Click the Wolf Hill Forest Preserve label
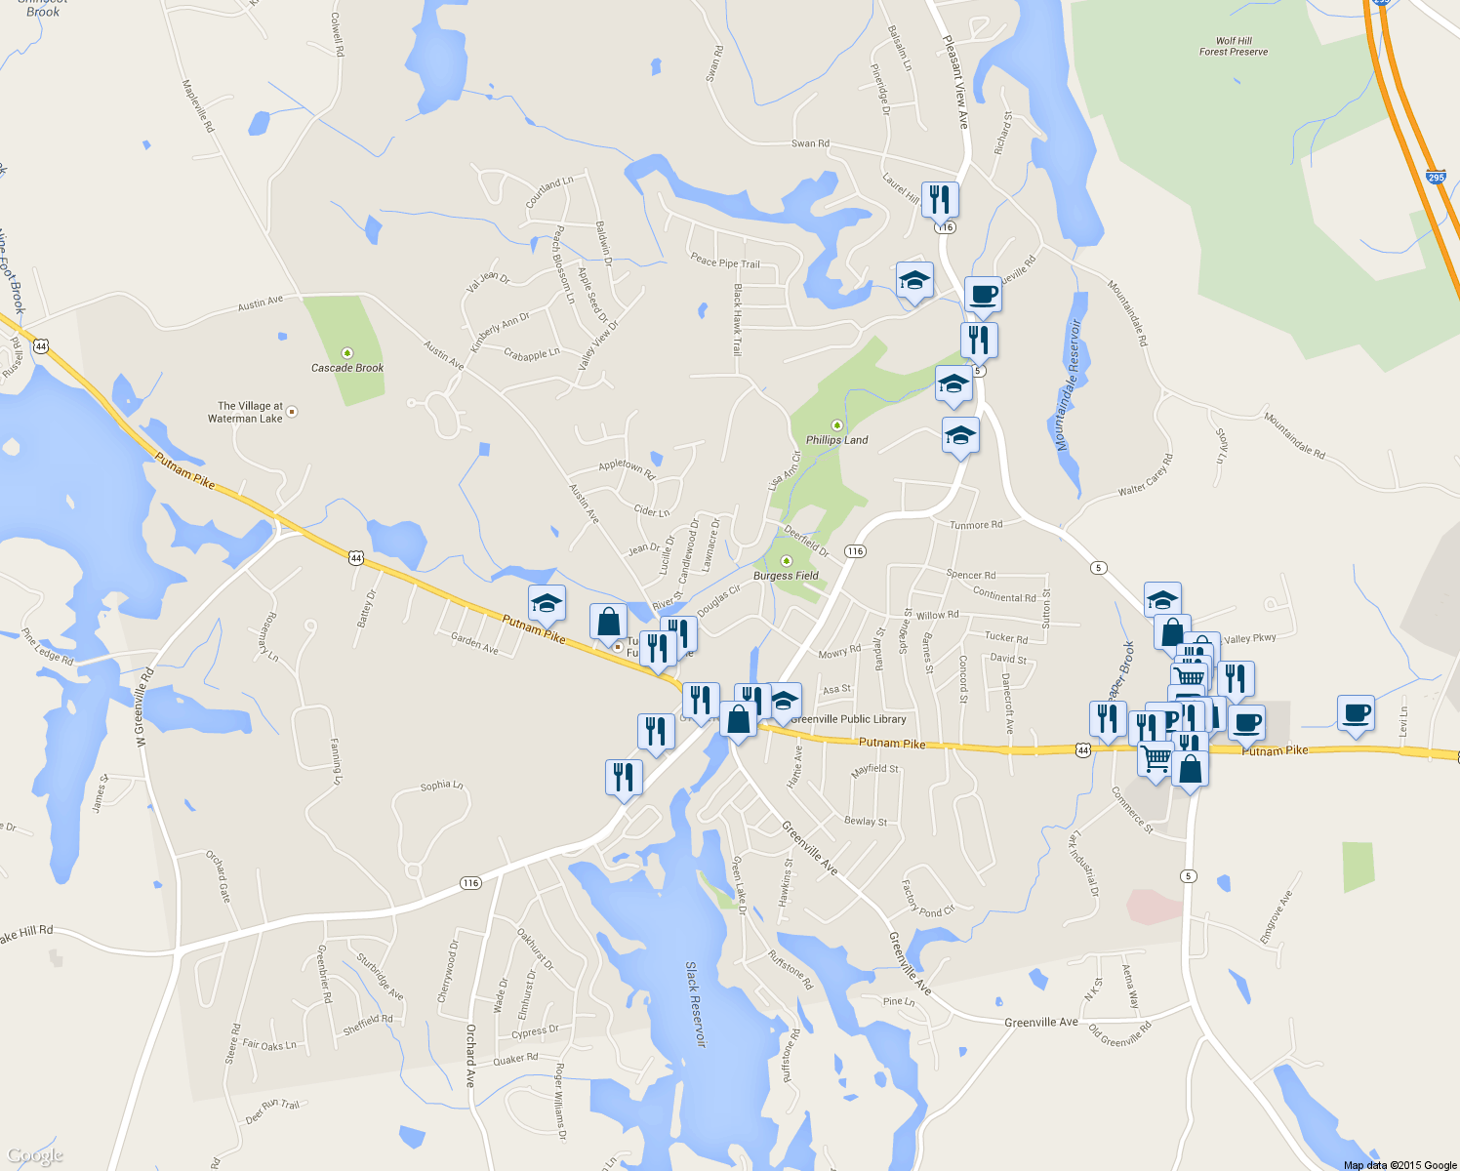point(1234,47)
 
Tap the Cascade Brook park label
point(347,368)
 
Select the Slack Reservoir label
point(695,1004)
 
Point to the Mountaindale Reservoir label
point(1069,385)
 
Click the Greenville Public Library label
point(848,719)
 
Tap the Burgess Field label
point(786,576)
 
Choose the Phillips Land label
point(836,440)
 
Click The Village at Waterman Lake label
point(250,412)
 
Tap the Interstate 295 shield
point(1436,178)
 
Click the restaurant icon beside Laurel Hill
point(939,199)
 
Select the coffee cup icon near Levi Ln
point(1355,713)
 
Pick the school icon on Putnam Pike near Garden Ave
point(547,604)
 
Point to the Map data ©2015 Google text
point(1399,1165)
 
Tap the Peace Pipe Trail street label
point(724,262)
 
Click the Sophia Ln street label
point(441,786)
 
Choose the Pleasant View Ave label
point(955,82)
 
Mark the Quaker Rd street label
point(515,1059)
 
